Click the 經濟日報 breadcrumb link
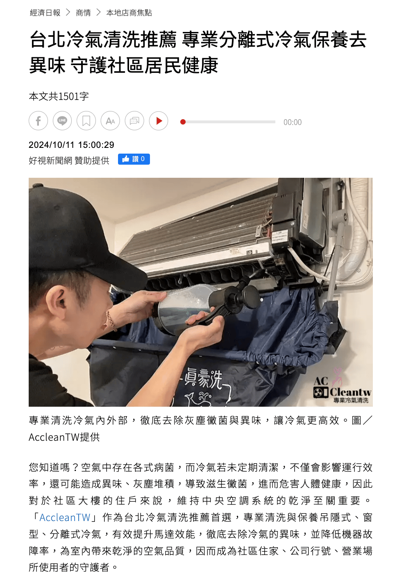click(45, 13)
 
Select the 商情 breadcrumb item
click(83, 13)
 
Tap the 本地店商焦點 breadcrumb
click(129, 13)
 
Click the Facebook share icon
click(39, 121)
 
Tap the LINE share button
click(62, 121)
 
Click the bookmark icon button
click(86, 121)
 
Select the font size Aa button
click(110, 121)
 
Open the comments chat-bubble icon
click(134, 121)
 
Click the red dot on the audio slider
click(183, 122)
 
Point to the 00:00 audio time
click(293, 122)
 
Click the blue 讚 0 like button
click(134, 159)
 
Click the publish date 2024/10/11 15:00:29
click(71, 145)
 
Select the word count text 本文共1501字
click(59, 96)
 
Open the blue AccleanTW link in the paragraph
click(65, 517)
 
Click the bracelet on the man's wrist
click(111, 321)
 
